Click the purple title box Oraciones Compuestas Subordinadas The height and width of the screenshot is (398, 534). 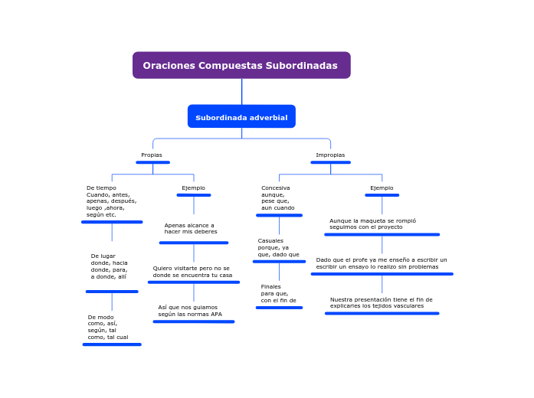[x=241, y=65]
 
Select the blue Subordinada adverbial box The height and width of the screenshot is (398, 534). [x=241, y=117]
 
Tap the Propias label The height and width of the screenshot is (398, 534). [x=152, y=155]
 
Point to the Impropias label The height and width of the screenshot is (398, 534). [x=330, y=155]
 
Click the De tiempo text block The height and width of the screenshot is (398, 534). [x=111, y=201]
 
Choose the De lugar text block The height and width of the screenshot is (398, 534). [x=110, y=266]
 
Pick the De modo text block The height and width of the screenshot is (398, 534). [x=108, y=327]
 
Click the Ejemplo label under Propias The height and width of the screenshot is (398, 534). [x=193, y=188]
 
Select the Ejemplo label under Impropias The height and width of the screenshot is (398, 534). [x=382, y=188]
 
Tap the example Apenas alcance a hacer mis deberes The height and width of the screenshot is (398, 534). [x=191, y=228]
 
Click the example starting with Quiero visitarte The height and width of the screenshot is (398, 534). [x=192, y=272]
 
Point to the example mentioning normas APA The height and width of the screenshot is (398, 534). [x=190, y=311]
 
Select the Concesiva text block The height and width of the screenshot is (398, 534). [x=277, y=197]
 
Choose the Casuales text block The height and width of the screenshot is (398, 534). [x=278, y=247]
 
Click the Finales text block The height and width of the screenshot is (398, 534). [x=278, y=294]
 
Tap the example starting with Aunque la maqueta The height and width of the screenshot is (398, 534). [x=373, y=223]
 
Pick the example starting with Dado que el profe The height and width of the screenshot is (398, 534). [x=382, y=263]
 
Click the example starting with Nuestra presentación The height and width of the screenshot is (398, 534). [x=382, y=302]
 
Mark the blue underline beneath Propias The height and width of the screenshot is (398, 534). [x=152, y=162]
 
